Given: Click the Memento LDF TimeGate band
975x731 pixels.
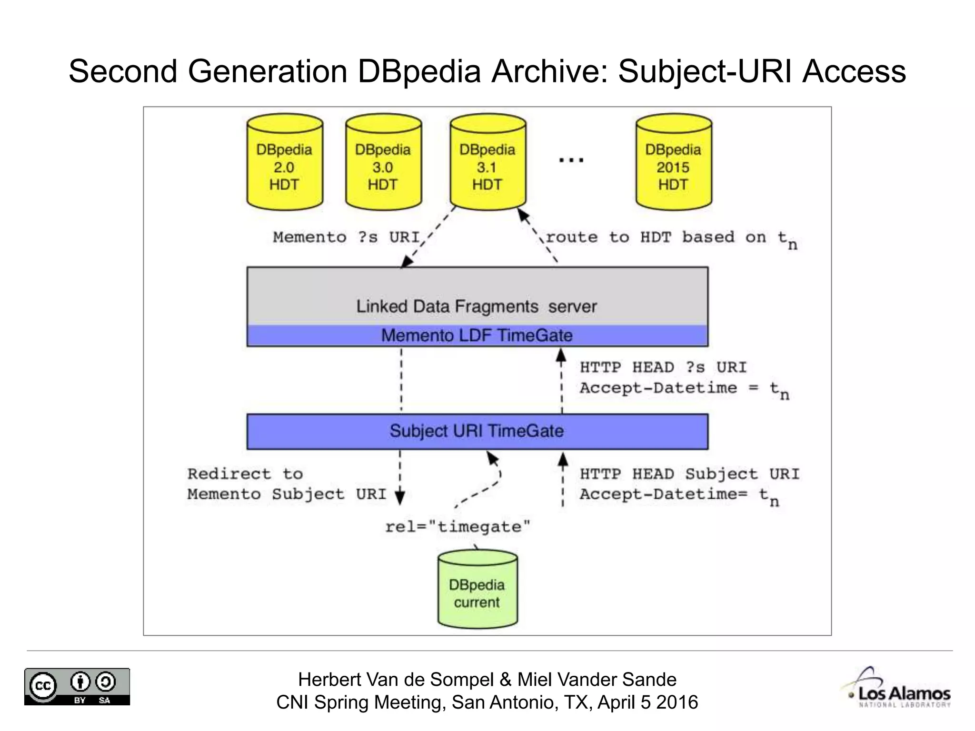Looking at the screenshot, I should (477, 336).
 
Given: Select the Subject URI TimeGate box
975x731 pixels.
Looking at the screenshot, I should (477, 431).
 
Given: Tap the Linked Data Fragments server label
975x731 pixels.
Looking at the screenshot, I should (476, 306).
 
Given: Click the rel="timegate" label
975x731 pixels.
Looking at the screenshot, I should (458, 527).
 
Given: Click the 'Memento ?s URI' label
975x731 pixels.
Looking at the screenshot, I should (346, 237).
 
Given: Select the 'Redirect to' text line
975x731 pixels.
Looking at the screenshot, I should (245, 474).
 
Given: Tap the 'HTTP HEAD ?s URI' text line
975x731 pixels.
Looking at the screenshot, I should (663, 367).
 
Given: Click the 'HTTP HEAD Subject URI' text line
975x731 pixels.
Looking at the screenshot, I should (689, 474).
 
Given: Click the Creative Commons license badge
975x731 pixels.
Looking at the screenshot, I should (77, 686).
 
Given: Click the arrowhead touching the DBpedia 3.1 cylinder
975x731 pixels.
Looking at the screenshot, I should (523, 215).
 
